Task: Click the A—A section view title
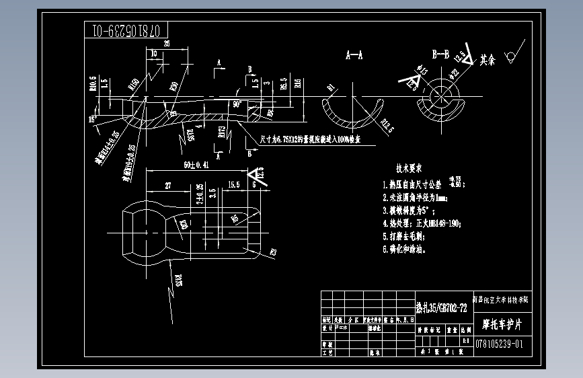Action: (x=354, y=56)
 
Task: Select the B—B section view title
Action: (x=440, y=54)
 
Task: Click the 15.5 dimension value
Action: (x=233, y=184)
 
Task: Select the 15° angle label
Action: (x=92, y=119)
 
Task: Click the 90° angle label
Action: (x=237, y=105)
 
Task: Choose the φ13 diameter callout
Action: (x=424, y=69)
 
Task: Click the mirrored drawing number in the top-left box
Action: (x=126, y=30)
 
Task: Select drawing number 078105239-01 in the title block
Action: (x=498, y=344)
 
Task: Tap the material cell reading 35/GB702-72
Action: (x=441, y=308)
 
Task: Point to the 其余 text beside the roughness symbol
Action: (x=488, y=60)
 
